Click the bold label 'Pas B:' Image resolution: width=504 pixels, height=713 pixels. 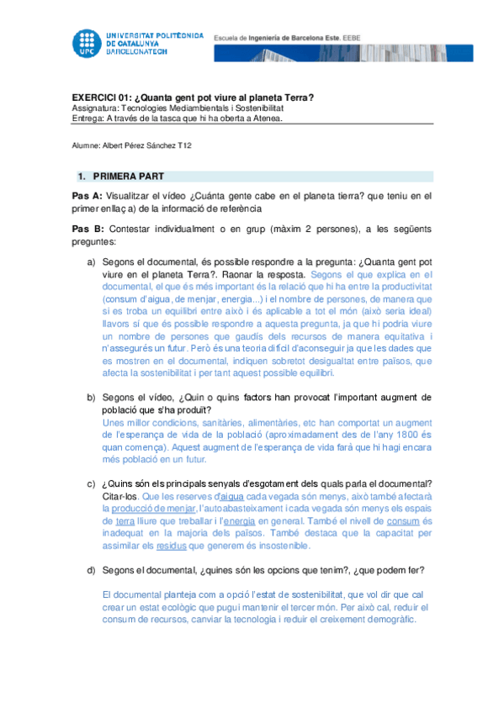[88, 228]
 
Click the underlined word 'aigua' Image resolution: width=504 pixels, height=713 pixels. [231, 496]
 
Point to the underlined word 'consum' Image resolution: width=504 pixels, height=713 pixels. [400, 521]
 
